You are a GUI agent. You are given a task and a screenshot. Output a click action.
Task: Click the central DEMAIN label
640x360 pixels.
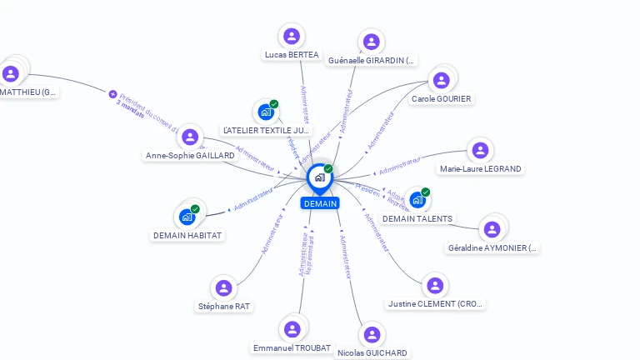320,203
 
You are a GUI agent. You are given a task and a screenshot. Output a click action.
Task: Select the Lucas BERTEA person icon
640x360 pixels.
292,36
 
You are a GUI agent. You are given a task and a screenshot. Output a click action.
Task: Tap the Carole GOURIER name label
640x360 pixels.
441,99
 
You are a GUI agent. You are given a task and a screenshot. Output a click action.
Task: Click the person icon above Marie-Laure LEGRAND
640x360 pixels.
479,150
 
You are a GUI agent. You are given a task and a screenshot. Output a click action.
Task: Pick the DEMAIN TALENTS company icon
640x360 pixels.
417,200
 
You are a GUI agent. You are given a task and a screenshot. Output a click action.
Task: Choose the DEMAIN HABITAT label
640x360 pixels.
187,235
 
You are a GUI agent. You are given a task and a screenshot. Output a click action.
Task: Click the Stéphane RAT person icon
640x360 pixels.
223,287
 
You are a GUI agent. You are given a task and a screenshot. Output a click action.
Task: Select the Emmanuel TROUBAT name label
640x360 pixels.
292,347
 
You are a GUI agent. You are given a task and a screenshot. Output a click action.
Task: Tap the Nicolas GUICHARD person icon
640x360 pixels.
372,334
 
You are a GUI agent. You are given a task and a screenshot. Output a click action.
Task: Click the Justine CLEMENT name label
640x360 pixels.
435,304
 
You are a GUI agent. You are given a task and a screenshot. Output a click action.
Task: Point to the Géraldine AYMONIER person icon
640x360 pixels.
492,228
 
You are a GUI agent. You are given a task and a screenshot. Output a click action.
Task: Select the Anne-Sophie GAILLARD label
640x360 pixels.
190,155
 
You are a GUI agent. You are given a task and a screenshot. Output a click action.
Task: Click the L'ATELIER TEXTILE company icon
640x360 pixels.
266,112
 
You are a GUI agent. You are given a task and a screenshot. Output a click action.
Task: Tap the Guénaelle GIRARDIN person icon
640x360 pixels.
372,42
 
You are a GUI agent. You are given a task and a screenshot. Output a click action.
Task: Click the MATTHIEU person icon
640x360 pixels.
11,73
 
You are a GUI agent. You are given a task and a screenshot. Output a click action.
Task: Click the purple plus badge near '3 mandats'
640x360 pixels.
112,94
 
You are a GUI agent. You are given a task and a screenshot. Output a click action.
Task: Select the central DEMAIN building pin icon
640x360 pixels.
318,177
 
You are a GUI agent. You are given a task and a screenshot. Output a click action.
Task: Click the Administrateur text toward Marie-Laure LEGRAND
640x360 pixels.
400,165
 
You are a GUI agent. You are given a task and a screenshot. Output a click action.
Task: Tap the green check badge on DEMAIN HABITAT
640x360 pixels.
195,209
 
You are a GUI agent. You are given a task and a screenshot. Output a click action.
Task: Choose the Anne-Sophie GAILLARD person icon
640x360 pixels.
191,137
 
